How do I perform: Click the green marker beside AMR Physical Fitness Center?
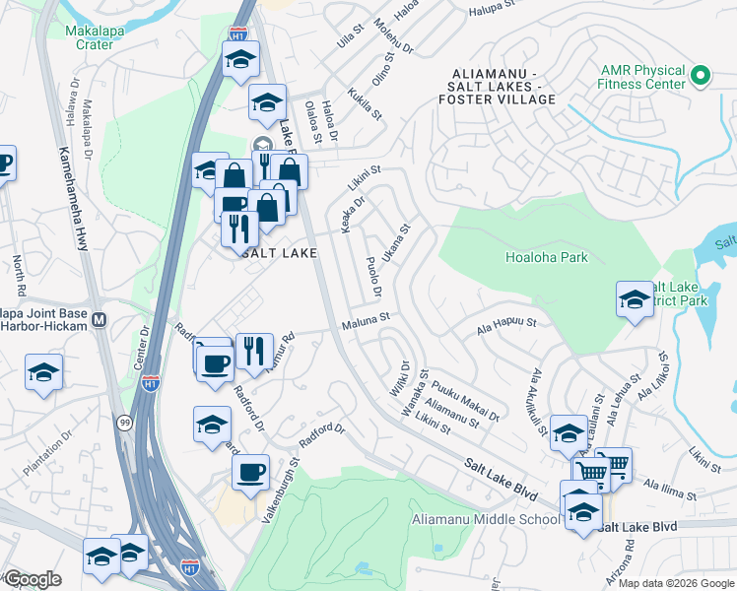point(701,75)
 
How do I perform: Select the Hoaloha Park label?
point(546,257)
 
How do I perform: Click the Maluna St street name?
point(367,320)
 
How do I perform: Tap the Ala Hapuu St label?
point(505,322)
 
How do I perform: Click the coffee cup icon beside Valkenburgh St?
point(251,471)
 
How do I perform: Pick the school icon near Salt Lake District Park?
point(635,299)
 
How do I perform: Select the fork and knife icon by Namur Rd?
point(254,350)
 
